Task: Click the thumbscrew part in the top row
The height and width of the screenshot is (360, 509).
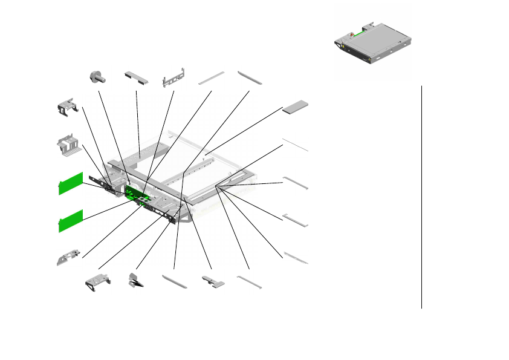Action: pos(97,77)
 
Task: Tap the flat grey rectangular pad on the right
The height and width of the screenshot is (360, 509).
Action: pos(296,106)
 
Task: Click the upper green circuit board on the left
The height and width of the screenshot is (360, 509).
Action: pos(70,183)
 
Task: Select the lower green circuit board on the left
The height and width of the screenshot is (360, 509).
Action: pos(70,220)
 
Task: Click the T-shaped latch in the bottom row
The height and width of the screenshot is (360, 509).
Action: pos(212,282)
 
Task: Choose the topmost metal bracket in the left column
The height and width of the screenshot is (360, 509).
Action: pos(68,106)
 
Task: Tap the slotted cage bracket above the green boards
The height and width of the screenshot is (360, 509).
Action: pos(69,144)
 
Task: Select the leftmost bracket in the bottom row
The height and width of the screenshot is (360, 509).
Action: pos(97,282)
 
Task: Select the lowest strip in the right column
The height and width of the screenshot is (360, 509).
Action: pos(296,258)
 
